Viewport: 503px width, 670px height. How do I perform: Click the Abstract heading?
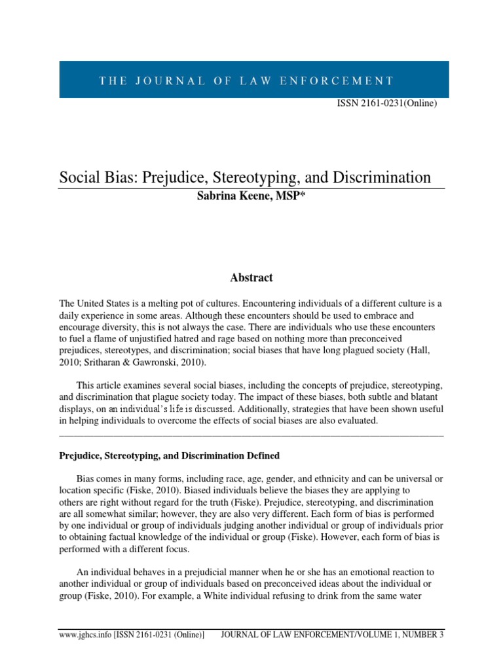(251, 278)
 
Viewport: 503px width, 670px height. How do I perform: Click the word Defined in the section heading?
(261, 455)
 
